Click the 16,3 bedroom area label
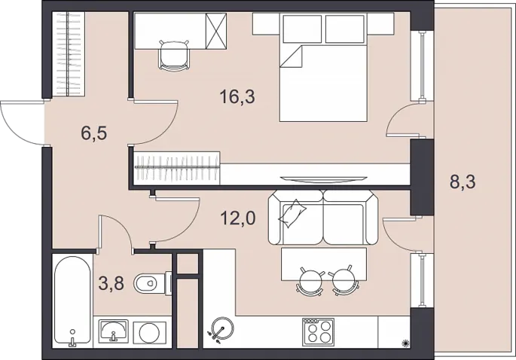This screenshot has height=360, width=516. point(237,97)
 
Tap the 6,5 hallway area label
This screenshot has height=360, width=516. point(94,133)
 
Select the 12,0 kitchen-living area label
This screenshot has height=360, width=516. point(238,218)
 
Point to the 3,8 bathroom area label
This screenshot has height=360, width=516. point(111,283)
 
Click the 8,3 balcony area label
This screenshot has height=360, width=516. point(463,182)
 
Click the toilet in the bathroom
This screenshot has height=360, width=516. point(152,283)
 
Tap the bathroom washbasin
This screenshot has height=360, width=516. point(113,331)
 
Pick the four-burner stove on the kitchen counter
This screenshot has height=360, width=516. point(318,331)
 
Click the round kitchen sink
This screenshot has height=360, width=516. point(222,328)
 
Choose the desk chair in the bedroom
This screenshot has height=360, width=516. point(174,55)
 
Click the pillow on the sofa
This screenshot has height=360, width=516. point(292,213)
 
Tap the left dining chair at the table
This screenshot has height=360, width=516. point(310,280)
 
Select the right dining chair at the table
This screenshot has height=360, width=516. point(344,280)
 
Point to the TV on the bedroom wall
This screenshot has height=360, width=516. point(323,179)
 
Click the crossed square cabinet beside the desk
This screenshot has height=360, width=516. point(216,31)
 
